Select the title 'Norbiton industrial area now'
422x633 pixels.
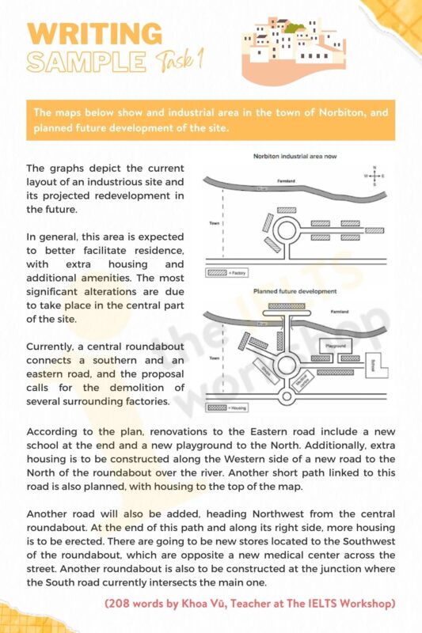tap(295, 157)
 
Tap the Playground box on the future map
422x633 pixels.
tap(336, 347)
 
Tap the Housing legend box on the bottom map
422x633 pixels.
tap(216, 407)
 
